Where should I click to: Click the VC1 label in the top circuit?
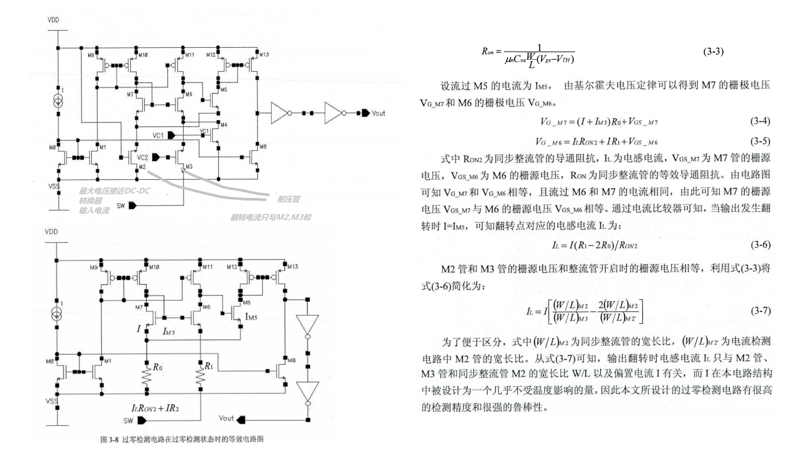[159, 135]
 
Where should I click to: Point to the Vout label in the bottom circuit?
[226, 417]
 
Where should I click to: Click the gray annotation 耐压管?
[288, 199]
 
